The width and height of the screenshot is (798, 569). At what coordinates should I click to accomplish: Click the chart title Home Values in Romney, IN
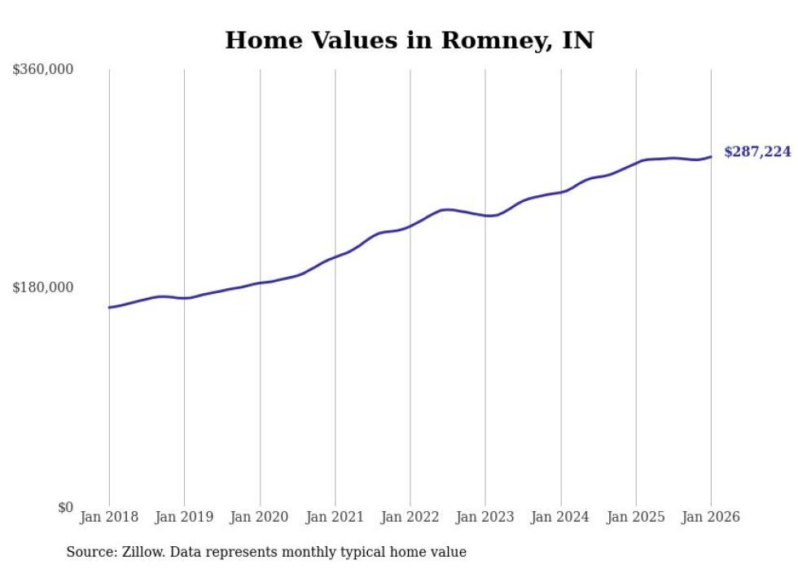tap(409, 40)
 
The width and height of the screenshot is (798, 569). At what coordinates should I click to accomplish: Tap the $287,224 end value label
tap(756, 151)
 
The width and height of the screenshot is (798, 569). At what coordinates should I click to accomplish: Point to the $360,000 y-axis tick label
tap(43, 70)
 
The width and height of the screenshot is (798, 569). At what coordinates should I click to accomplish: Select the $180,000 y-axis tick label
tap(43, 287)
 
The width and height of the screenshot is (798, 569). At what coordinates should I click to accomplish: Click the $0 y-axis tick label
tap(65, 507)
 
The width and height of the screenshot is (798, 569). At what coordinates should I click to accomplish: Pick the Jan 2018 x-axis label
tap(109, 517)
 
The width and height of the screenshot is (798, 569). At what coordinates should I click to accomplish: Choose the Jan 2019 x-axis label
tap(184, 517)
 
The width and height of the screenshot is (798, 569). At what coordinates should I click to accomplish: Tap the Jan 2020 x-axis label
tap(260, 517)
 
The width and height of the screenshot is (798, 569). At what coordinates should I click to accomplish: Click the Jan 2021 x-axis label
tap(335, 517)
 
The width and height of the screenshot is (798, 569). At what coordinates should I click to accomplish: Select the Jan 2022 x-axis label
tap(410, 517)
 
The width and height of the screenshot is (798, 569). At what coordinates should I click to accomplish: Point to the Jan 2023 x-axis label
tap(485, 517)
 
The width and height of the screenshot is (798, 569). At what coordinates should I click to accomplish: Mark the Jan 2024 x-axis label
tap(560, 517)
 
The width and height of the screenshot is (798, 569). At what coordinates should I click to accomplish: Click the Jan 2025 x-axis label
tap(635, 517)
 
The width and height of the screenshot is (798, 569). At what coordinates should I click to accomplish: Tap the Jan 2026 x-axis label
tap(711, 517)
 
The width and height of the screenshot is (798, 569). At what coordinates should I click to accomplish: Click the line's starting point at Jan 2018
tap(109, 308)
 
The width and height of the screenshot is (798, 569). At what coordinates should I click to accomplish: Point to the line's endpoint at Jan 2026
tap(711, 157)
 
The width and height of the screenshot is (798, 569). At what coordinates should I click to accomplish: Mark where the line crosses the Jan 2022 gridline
tap(410, 225)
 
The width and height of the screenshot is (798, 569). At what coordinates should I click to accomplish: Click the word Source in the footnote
tap(90, 552)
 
